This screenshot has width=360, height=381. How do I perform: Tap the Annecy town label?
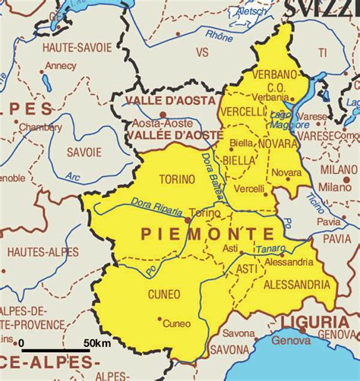(61, 65)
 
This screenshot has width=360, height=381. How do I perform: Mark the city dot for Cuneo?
(159, 319)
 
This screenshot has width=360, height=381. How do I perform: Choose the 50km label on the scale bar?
(96, 344)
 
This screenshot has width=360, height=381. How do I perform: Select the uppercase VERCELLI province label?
(241, 112)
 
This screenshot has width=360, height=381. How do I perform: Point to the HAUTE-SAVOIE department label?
(73, 47)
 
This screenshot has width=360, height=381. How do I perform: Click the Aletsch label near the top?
(252, 12)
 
